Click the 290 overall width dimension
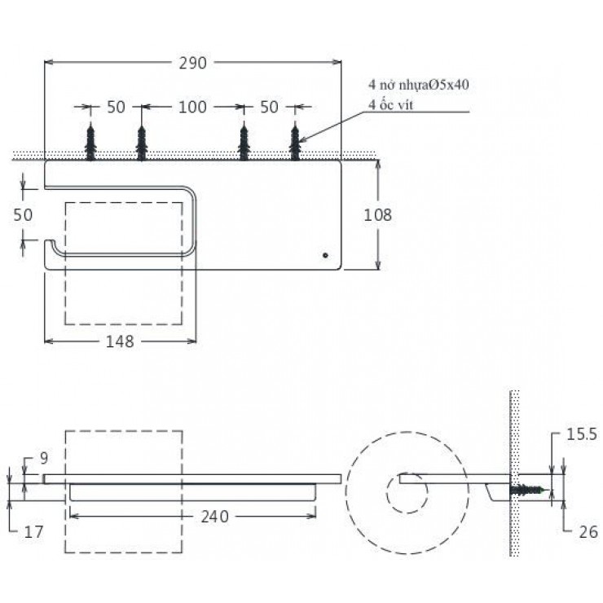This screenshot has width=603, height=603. (192, 63)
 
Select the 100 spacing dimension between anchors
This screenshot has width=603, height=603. (192, 107)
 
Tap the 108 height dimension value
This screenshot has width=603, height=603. (378, 215)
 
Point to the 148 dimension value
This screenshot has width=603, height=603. (119, 341)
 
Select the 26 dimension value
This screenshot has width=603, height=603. (588, 532)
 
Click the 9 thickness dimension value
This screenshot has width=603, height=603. (46, 459)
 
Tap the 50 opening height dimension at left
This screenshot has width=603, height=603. (24, 215)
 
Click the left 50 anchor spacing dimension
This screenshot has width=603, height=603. (116, 107)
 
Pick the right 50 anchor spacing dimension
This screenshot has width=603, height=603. (269, 107)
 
